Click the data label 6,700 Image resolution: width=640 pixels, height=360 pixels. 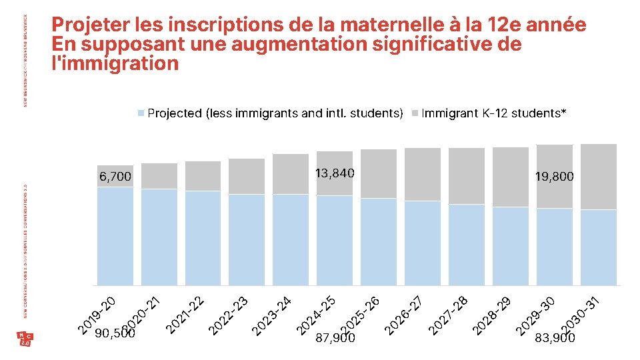tap(115, 177)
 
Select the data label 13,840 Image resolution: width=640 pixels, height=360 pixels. tap(335, 173)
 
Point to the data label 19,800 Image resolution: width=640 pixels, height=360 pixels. tap(554, 177)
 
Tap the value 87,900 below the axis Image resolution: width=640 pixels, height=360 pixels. tap(335, 338)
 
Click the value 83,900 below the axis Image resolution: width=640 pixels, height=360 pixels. tap(555, 338)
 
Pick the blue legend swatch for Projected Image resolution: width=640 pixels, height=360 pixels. tap(141, 113)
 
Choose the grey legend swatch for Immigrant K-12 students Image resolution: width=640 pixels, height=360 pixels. tap(415, 113)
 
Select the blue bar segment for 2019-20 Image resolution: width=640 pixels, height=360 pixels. tap(115, 237)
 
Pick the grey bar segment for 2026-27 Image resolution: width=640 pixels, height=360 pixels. tap(422, 174)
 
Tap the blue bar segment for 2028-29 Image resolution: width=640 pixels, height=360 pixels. tap(510, 246)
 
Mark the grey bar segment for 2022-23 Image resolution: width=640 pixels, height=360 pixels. tap(247, 176)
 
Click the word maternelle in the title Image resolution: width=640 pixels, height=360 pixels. tap(386, 25)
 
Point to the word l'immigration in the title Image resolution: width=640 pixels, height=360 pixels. tap(115, 63)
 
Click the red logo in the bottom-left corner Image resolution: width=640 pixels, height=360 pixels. tap(25, 339)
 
